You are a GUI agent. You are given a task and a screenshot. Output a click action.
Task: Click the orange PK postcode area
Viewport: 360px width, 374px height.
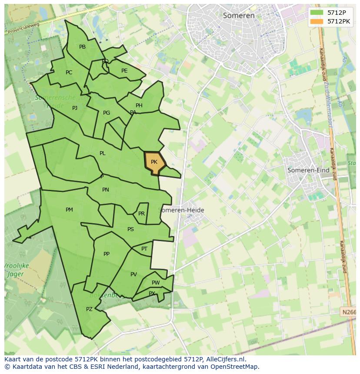coord(154,162)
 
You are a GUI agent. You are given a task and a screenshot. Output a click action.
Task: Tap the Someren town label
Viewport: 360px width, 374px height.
coord(239,16)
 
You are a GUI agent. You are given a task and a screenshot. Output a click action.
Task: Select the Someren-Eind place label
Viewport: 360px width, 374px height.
coord(308,170)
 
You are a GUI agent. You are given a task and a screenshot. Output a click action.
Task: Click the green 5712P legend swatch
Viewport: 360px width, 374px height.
coord(317,12)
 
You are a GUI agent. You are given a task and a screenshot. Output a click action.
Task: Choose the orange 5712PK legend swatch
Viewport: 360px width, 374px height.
coord(317,21)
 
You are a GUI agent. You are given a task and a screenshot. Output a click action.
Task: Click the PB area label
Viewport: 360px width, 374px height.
coord(82,47)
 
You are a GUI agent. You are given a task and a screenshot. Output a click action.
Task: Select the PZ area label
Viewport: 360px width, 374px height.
coord(89,309)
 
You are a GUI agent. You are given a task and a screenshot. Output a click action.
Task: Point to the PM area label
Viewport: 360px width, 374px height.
coord(69,210)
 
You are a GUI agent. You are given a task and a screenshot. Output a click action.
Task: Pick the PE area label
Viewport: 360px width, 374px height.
coord(124,71)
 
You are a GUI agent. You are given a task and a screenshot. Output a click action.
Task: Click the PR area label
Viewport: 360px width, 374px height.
coord(141,214)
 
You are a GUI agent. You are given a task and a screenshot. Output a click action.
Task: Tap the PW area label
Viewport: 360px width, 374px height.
coord(156,283)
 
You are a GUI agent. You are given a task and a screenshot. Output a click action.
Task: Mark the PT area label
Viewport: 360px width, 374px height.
coord(144,249)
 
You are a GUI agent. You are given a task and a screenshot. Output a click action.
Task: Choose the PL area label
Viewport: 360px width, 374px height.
coord(102,153)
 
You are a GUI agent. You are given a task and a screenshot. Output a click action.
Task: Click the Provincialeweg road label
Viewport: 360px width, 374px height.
coord(23,28)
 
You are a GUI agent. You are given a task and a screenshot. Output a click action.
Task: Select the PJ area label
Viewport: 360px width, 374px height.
coord(75,108)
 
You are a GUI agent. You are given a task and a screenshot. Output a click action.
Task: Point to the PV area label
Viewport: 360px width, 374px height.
coord(133,274)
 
